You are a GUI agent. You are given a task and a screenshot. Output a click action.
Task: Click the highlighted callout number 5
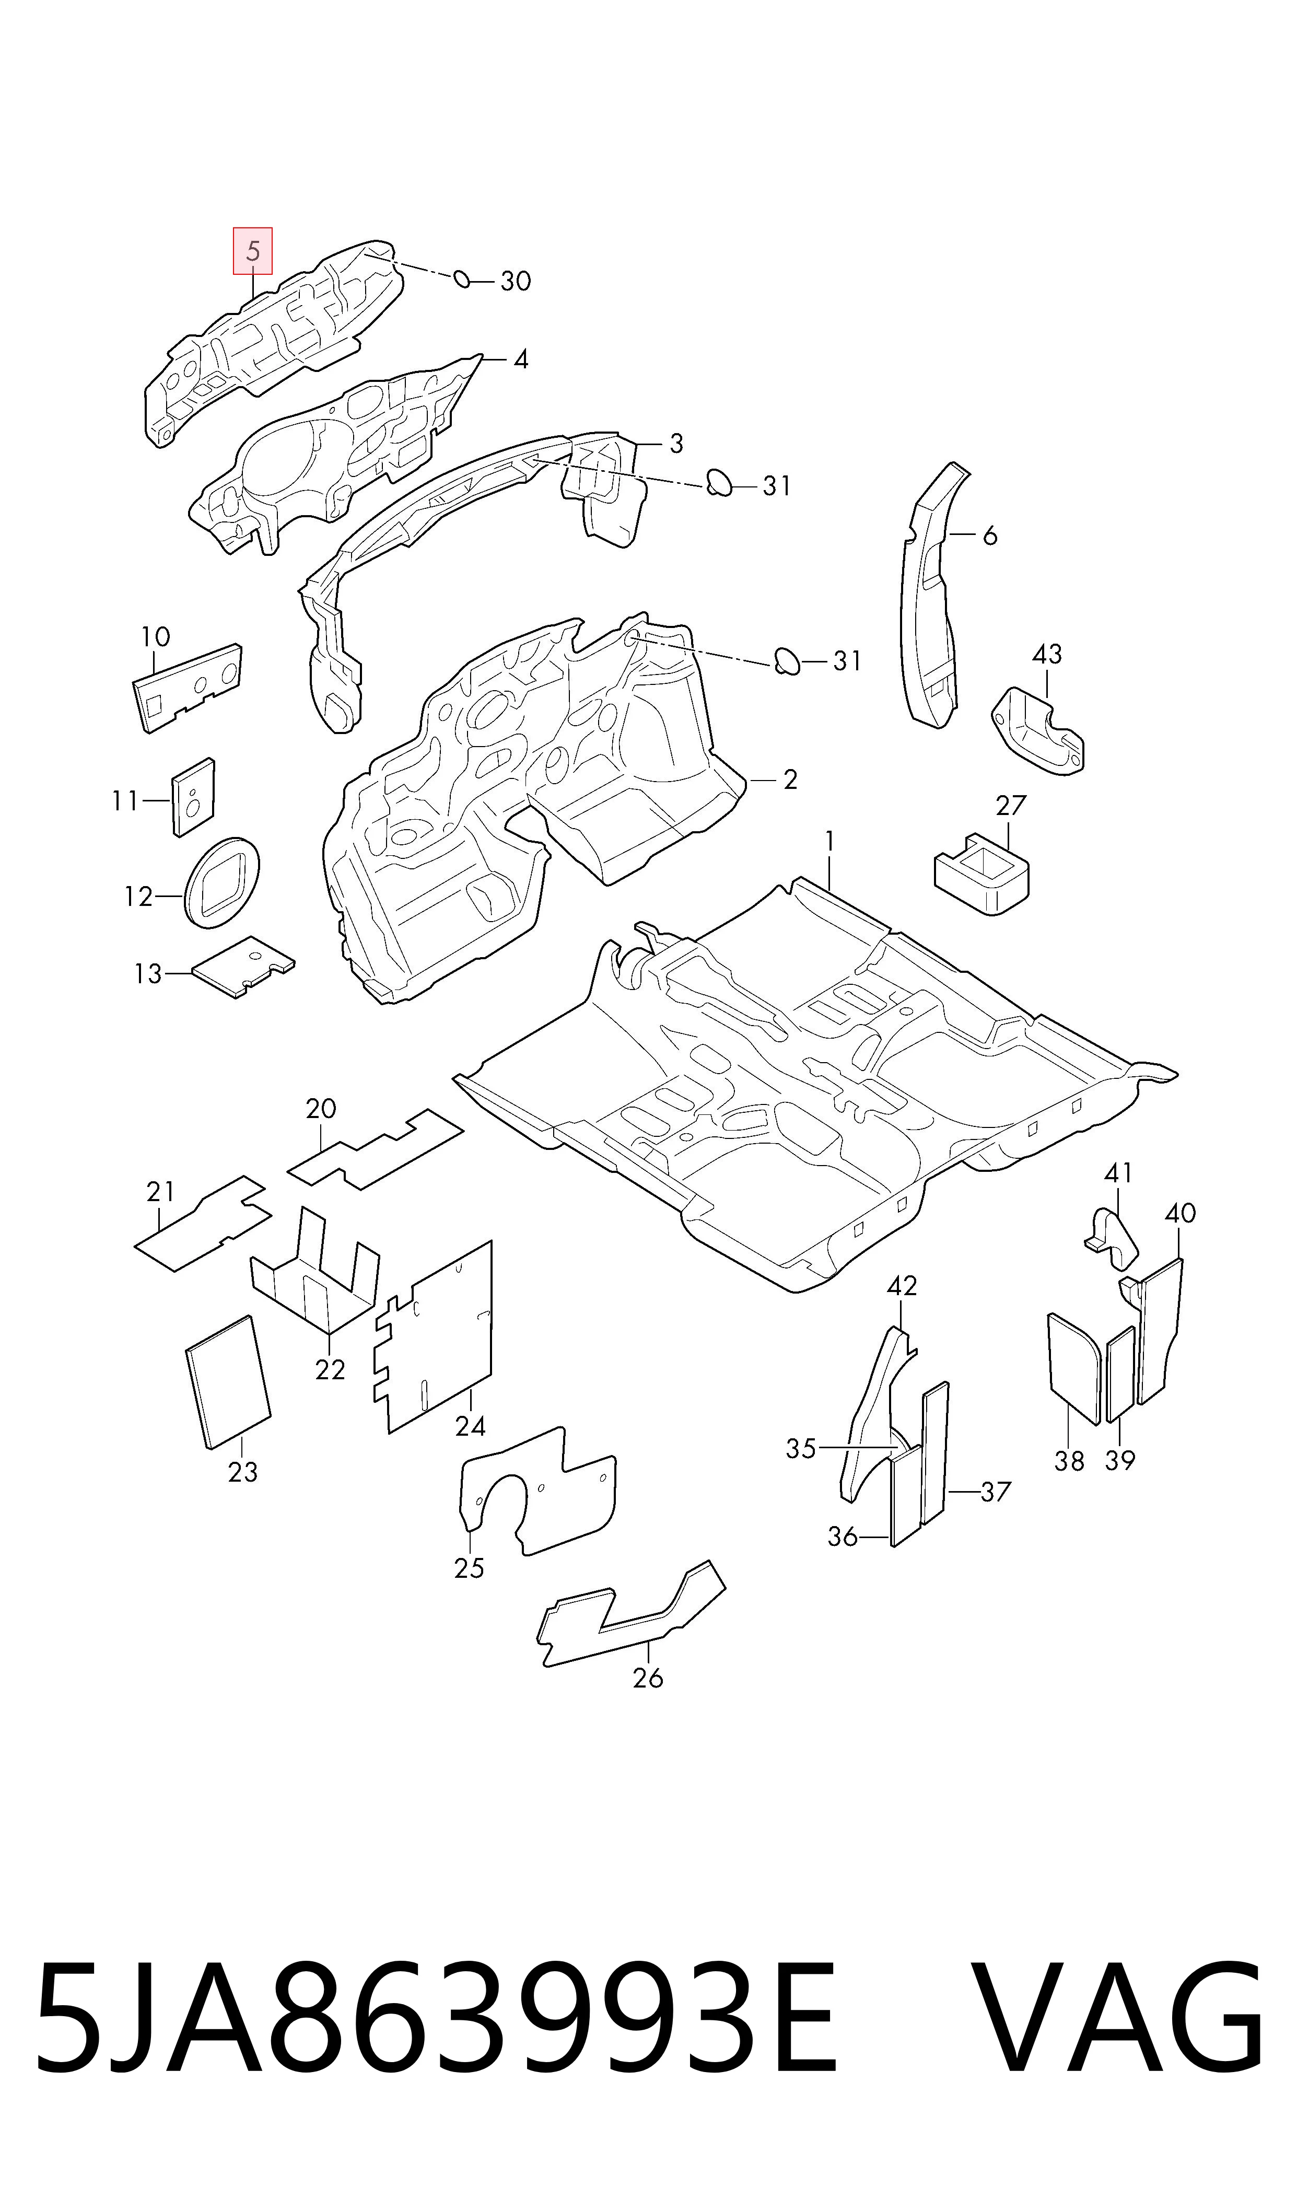click(x=253, y=252)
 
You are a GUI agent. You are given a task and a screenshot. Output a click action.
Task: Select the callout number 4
click(x=521, y=359)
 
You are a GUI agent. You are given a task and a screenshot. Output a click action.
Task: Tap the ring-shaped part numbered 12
click(x=222, y=883)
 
